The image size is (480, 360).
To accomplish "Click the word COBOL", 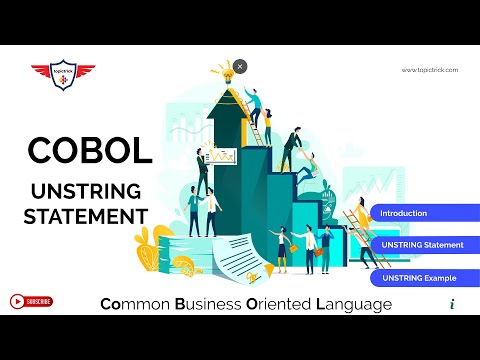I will [90, 150].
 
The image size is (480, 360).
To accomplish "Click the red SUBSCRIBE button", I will [40, 301].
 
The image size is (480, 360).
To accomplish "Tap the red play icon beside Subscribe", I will [17, 301].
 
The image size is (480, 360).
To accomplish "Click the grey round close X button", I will [240, 66].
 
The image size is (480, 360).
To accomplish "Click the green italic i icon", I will [453, 303].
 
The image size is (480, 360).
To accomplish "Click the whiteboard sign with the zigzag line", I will [220, 156].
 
